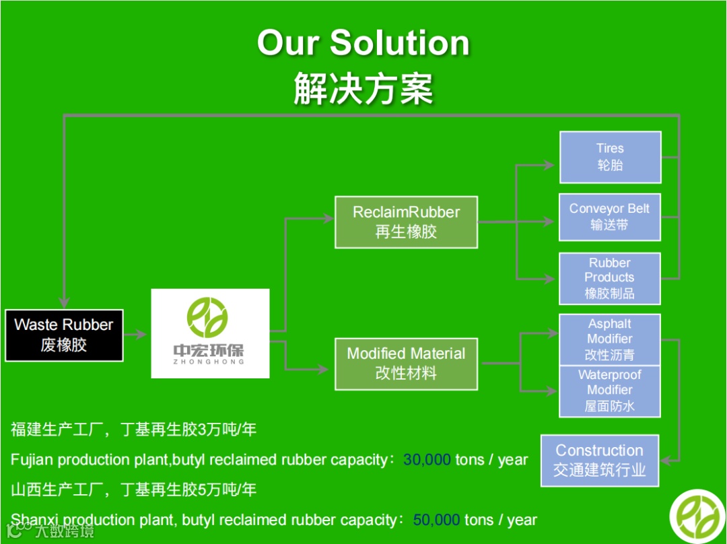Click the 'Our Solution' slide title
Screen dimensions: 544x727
coord(363,42)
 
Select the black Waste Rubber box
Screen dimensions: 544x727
coord(64,335)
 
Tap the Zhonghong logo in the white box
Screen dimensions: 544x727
coord(209,333)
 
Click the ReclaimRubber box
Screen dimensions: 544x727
coord(406,222)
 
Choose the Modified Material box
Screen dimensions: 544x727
coord(406,363)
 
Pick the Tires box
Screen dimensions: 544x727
coord(610,157)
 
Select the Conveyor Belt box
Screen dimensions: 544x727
coord(609,217)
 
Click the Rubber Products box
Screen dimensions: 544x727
coord(609,278)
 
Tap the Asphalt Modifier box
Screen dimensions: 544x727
coord(609,339)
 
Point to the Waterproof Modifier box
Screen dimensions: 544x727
coord(609,391)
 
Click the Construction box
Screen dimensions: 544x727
coord(599,460)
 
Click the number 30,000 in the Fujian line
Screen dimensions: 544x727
coord(427,460)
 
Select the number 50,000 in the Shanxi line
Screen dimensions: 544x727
coord(436,520)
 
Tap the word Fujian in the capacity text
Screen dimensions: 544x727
coord(32,460)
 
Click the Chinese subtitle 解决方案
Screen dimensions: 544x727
coord(363,88)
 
